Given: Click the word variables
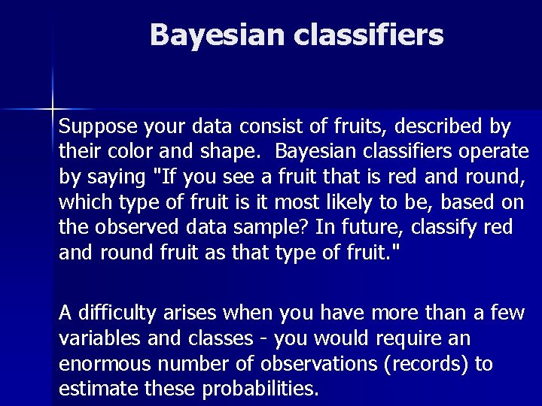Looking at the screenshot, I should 96,339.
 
